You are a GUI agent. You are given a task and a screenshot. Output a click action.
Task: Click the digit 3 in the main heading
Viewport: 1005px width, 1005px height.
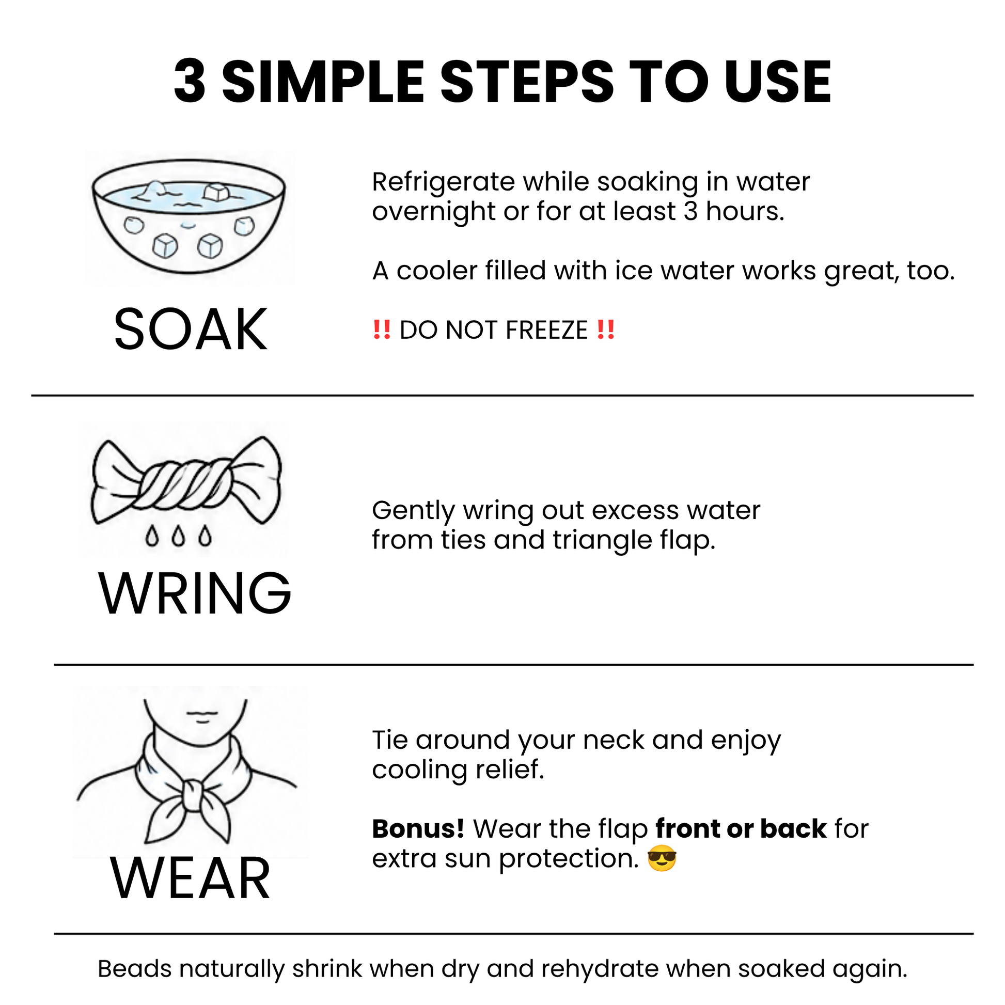(190, 81)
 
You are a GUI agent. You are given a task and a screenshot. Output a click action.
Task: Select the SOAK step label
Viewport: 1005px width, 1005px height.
(191, 330)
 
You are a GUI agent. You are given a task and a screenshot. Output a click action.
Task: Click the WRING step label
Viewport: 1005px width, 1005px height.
(195, 593)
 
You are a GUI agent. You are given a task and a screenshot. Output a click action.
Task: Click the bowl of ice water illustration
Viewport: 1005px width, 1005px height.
(189, 216)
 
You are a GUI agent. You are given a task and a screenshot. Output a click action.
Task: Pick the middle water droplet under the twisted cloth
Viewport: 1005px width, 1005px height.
(178, 536)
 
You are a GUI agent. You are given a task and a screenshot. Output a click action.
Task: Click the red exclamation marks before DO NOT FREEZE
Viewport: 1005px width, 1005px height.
(382, 330)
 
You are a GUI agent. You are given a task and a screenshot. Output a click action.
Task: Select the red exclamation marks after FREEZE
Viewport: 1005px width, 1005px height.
(606, 330)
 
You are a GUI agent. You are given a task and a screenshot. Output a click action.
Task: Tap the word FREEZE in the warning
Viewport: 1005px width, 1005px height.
(547, 331)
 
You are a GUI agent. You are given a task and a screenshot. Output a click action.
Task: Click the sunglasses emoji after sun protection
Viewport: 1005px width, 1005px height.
(662, 859)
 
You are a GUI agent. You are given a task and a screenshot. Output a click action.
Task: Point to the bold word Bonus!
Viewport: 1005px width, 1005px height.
(418, 829)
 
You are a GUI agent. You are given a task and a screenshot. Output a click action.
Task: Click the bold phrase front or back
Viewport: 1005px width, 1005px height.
(741, 829)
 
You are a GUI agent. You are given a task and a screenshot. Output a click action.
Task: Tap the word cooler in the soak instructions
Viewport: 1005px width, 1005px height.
(436, 271)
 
